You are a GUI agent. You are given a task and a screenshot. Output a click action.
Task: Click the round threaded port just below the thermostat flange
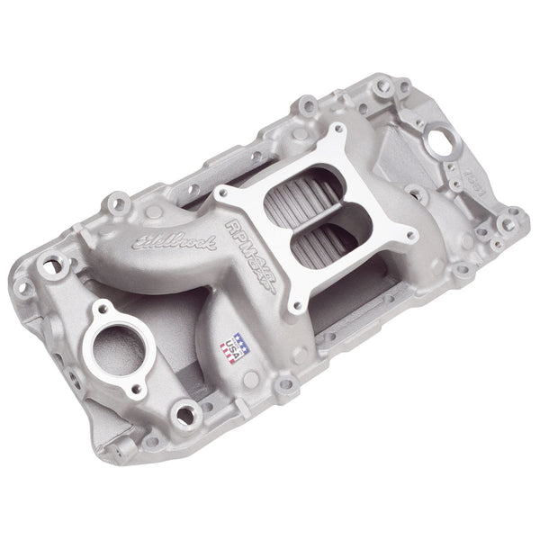point(188,415)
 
